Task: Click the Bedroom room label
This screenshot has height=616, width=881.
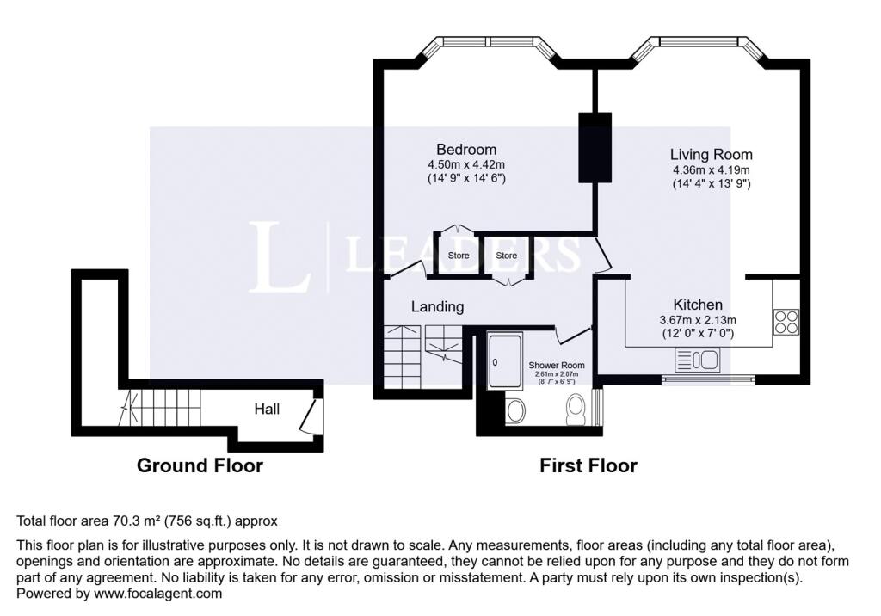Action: tap(466, 150)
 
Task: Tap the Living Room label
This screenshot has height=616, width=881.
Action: tap(711, 155)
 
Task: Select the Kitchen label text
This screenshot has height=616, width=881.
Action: tap(698, 305)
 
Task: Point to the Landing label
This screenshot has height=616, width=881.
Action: tap(438, 307)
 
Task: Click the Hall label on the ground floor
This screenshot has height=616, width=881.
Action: tap(267, 410)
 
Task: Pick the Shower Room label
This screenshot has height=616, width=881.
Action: tap(557, 366)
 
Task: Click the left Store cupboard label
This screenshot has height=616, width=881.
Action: tap(459, 256)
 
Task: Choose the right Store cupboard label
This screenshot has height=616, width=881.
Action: tap(506, 256)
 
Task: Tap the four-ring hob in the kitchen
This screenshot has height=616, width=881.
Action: tap(786, 322)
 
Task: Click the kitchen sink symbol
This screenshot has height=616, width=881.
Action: tap(697, 360)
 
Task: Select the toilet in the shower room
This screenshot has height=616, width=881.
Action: tap(576, 410)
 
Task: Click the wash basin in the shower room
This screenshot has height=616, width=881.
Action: tap(516, 411)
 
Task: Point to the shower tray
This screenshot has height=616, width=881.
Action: tap(504, 360)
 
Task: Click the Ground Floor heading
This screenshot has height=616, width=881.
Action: tap(200, 466)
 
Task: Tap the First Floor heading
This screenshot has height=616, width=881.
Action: tap(588, 466)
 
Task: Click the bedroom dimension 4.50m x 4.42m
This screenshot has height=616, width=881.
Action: tap(466, 165)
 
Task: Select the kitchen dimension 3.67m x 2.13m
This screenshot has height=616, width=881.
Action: tap(698, 320)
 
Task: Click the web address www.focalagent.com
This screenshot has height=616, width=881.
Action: tap(158, 594)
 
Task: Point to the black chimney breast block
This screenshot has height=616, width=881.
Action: tap(595, 147)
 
